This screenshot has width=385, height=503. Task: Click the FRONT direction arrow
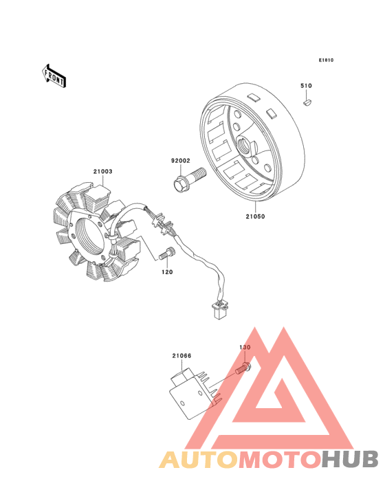54,76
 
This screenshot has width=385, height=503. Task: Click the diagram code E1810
326,60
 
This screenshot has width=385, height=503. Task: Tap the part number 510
306,86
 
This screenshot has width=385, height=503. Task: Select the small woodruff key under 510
307,103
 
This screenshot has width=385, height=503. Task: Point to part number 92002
181,161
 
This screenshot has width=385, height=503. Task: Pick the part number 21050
255,216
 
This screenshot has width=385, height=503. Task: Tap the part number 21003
103,172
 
